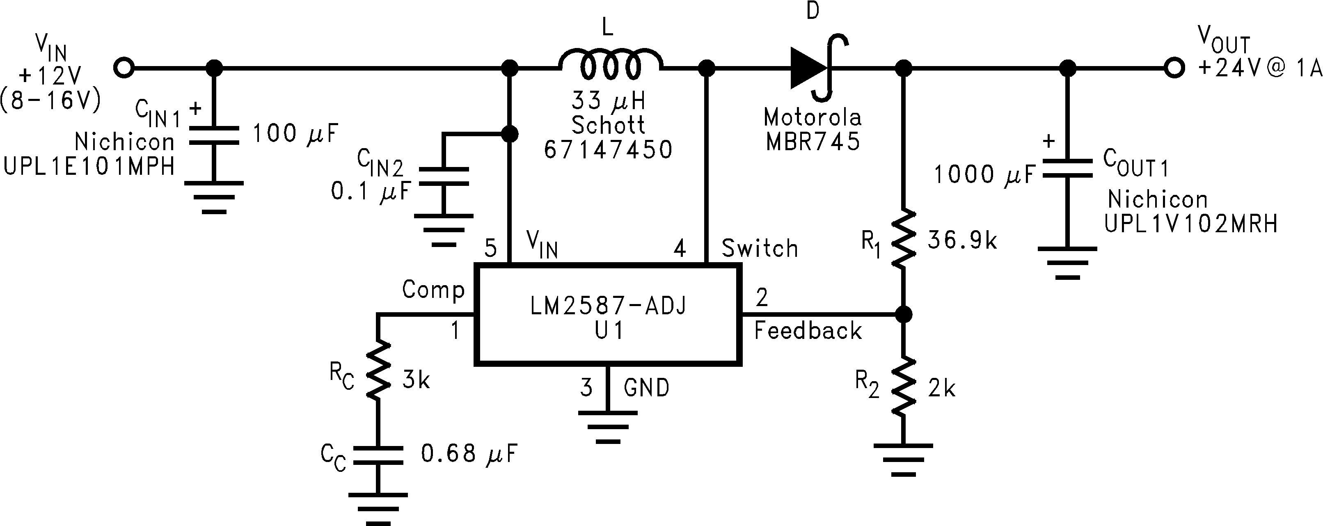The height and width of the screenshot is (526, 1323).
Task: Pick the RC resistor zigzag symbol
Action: [378, 370]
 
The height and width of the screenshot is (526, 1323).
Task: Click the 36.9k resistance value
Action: [962, 240]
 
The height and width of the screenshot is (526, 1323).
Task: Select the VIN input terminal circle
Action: [124, 67]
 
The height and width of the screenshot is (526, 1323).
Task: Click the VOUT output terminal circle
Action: [1174, 67]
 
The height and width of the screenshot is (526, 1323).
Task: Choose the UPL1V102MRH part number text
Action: [1190, 224]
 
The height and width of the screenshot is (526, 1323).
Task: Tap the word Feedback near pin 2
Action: [808, 331]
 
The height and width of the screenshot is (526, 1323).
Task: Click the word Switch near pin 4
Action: [760, 249]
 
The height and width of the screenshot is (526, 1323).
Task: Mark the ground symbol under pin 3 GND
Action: [608, 426]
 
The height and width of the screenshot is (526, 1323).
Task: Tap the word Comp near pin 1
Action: [433, 290]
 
